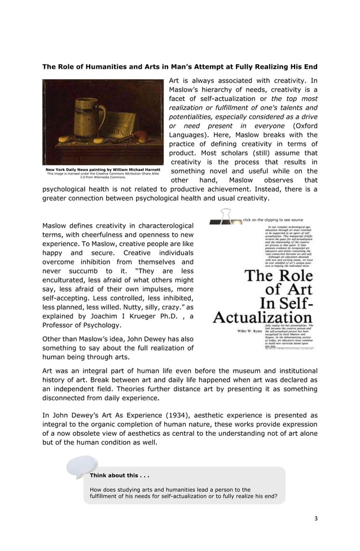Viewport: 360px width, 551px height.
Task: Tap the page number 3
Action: pyautogui.click(x=316, y=518)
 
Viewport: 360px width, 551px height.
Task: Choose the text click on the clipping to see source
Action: pyautogui.click(x=273, y=220)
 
